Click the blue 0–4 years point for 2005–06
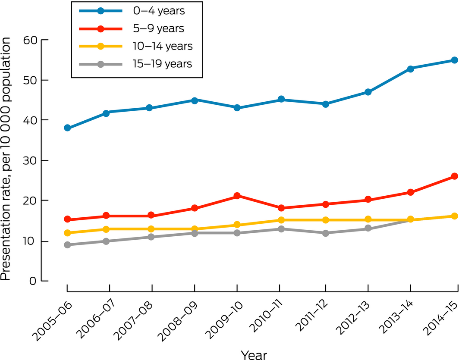(x=67, y=128)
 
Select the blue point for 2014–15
(x=454, y=60)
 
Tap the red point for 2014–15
(x=454, y=176)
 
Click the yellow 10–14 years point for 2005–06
(x=67, y=233)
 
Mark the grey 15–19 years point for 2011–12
(x=325, y=233)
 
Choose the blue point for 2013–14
(x=411, y=69)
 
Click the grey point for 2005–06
(x=67, y=245)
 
